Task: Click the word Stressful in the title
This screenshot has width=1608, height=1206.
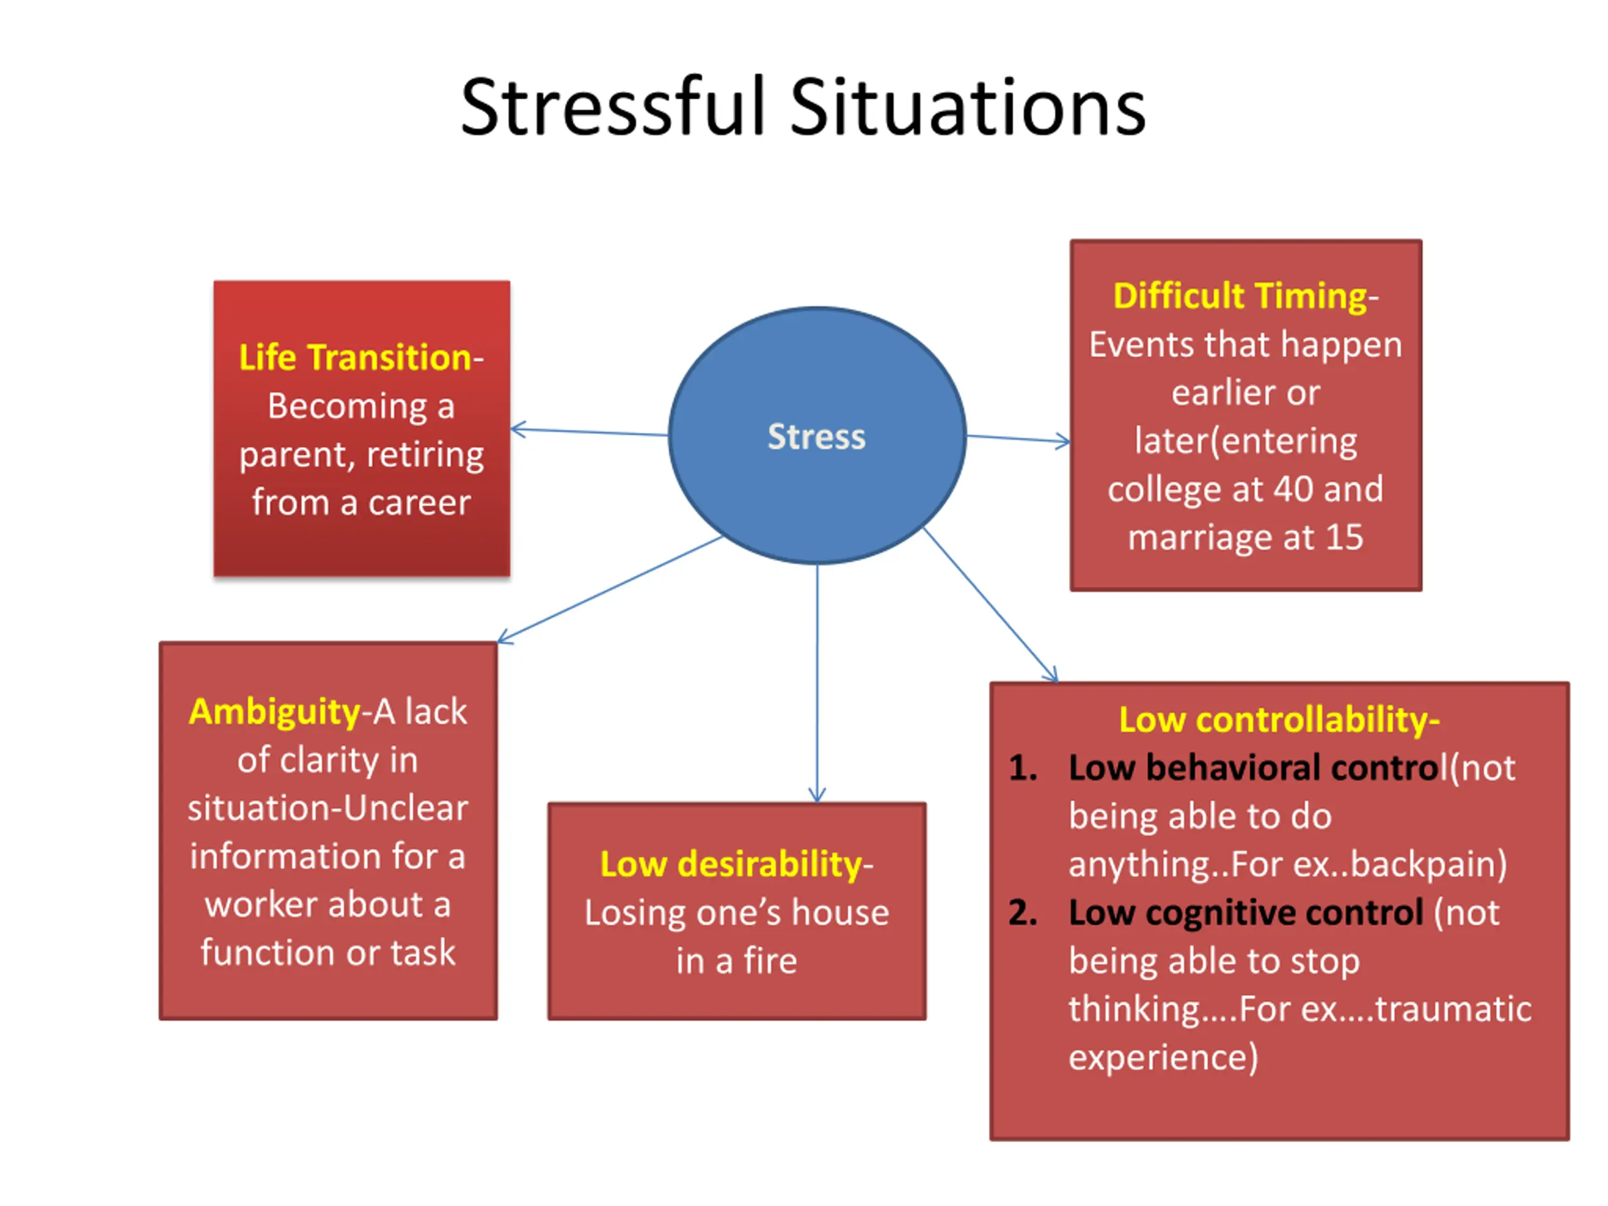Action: pos(614,107)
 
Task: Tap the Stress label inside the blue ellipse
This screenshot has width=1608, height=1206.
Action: pos(817,437)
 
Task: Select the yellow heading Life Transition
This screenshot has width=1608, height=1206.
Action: pos(356,357)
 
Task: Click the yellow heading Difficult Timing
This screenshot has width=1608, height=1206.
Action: pos(1240,296)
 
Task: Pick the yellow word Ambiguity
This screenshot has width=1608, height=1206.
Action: pos(274,712)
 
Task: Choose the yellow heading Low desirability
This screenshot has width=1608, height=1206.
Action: pos(731,864)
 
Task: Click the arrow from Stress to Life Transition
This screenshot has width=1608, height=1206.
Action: pos(589,433)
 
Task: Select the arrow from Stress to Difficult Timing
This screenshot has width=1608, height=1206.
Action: pos(1018,439)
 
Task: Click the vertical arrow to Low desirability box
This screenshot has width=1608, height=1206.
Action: pos(817,683)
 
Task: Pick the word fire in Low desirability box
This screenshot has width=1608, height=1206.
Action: pos(770,961)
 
